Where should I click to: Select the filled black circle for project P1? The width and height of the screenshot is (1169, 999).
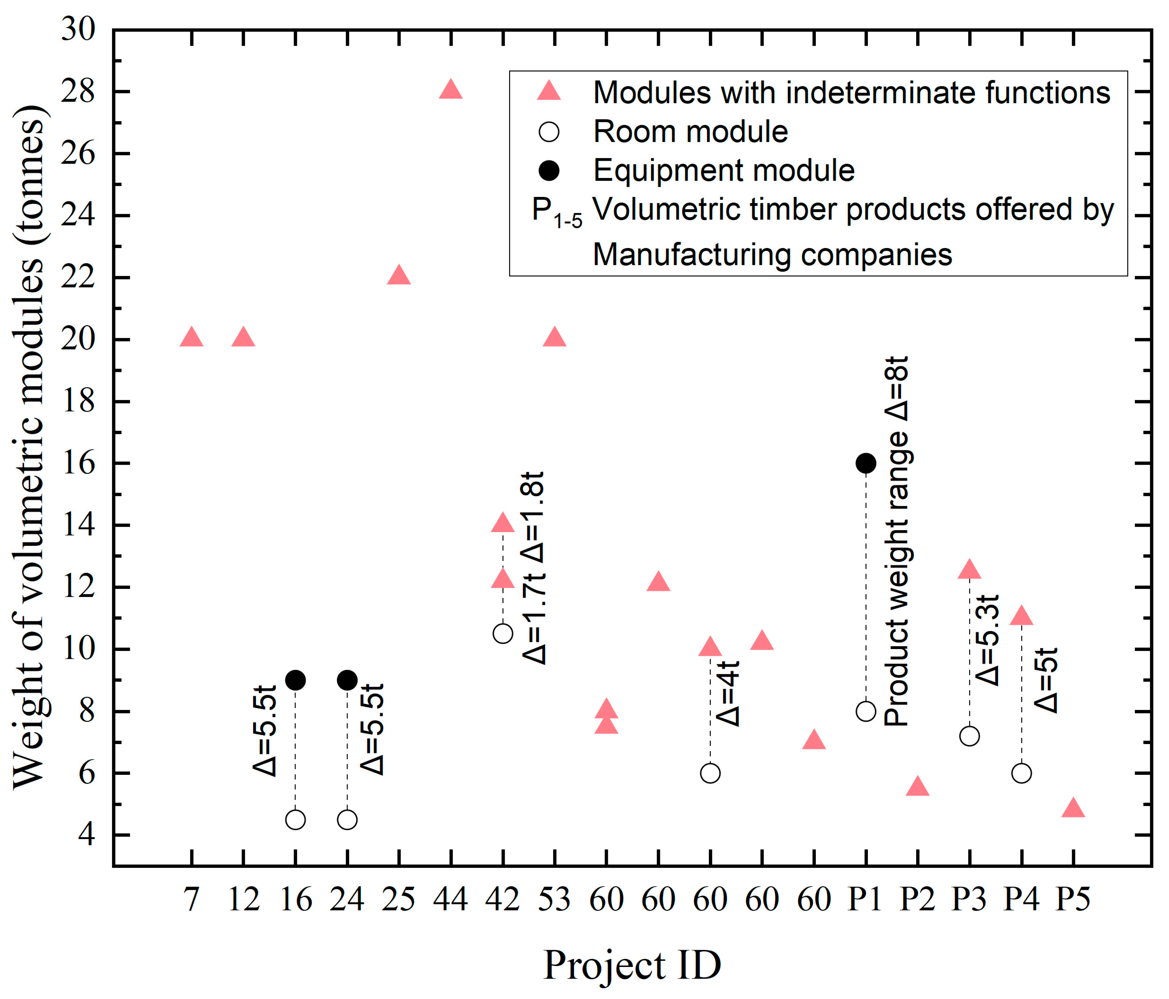point(866,463)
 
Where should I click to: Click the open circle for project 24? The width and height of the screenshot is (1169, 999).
point(347,820)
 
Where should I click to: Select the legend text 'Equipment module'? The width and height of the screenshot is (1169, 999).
point(724,170)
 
